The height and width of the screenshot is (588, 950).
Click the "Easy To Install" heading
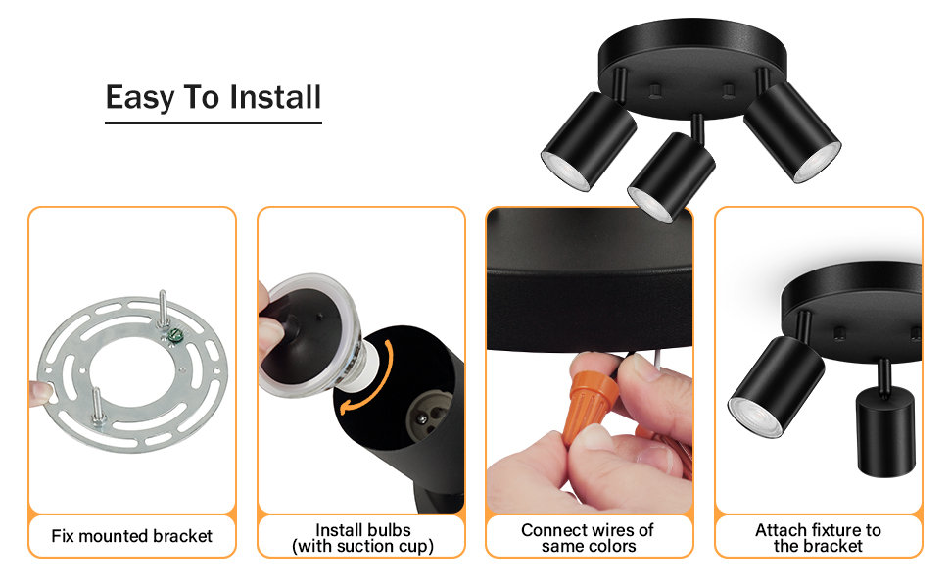(214, 97)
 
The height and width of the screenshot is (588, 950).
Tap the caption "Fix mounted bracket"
(131, 536)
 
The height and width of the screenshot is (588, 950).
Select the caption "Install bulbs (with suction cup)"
(363, 538)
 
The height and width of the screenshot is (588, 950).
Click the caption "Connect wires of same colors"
(588, 538)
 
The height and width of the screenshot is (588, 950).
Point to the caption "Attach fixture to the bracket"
(818, 538)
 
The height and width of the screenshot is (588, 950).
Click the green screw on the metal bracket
(175, 333)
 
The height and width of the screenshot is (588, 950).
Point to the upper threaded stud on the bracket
(163, 309)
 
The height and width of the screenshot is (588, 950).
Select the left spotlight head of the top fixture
(589, 142)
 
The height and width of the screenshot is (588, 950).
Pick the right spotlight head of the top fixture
(792, 132)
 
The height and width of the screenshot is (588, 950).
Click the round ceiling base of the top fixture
(692, 67)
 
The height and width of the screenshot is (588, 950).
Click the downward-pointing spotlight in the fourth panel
(885, 429)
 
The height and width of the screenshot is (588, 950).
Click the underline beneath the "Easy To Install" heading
(214, 123)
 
